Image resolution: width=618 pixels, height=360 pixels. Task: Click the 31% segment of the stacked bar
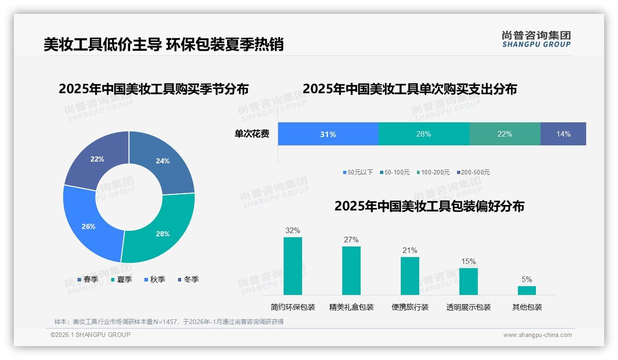[x=328, y=134]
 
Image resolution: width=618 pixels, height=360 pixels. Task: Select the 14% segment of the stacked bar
[x=563, y=134]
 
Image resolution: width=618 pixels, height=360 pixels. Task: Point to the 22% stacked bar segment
[x=505, y=134]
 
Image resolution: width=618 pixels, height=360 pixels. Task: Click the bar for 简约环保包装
[x=293, y=266]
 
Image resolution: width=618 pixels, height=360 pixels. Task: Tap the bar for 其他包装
[x=527, y=290]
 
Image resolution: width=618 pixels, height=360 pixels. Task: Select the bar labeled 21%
[x=410, y=276]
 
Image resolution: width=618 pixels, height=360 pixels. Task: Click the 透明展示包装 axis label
[x=468, y=307]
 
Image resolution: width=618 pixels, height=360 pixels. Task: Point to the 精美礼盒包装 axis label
[x=351, y=307]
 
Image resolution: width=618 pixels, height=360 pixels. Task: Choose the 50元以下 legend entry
[x=358, y=173]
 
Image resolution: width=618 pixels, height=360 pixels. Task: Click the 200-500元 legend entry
[x=473, y=173]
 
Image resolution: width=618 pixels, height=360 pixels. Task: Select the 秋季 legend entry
[x=154, y=280]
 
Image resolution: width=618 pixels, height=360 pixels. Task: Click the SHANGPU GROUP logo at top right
[x=536, y=39]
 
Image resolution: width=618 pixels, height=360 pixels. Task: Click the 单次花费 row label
[x=252, y=134]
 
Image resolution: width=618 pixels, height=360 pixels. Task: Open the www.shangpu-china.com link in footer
[x=537, y=335]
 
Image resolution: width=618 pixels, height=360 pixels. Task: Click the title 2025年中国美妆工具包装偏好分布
[x=429, y=206]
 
